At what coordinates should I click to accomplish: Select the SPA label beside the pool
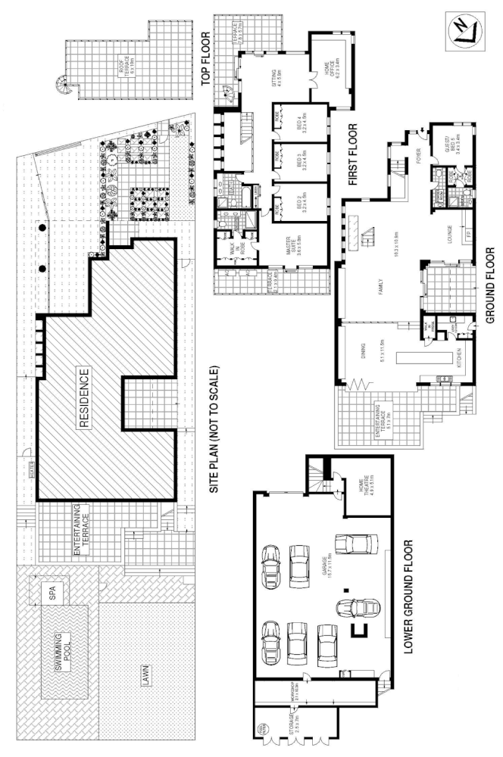[52, 591]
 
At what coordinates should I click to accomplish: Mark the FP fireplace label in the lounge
[468, 235]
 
